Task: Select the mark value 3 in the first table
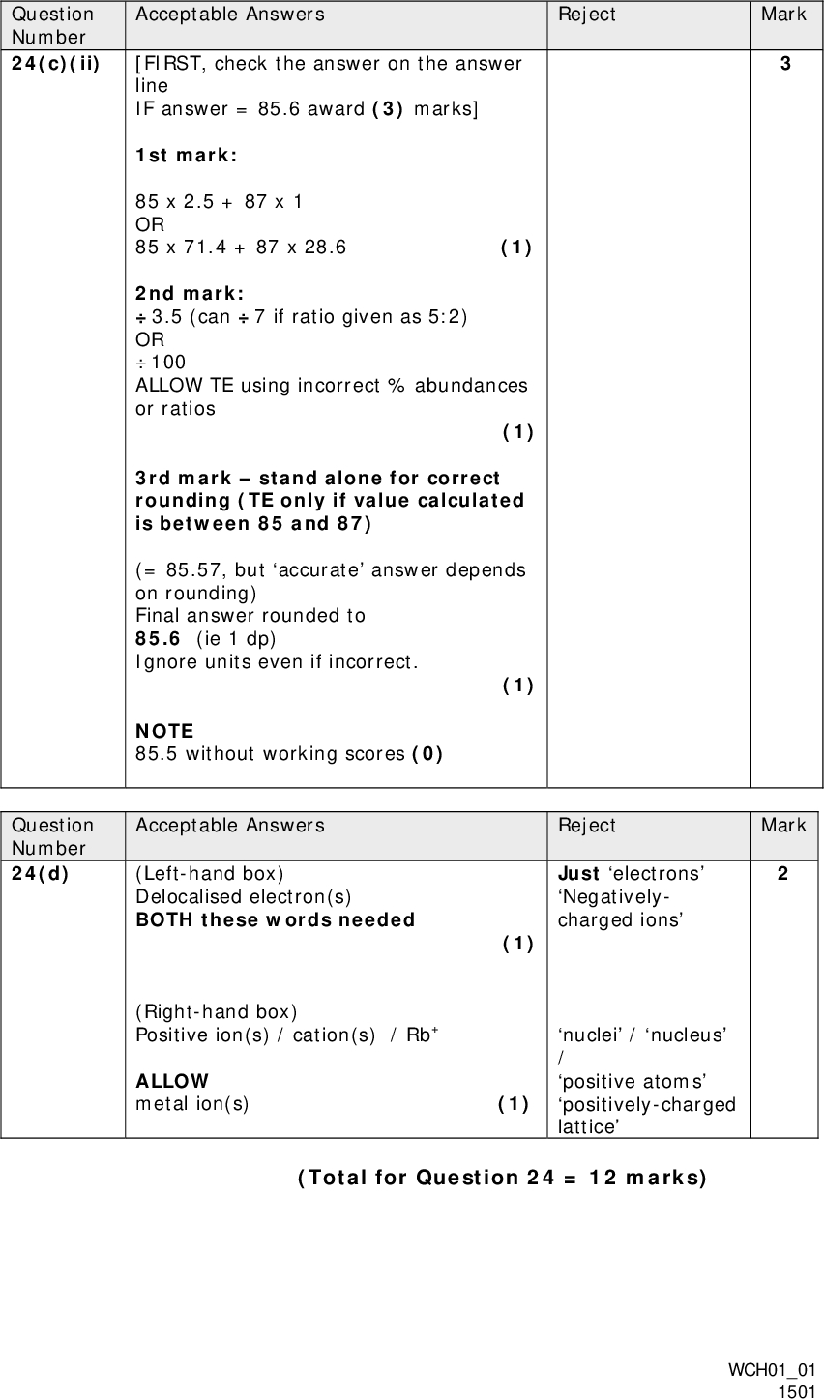pos(785,64)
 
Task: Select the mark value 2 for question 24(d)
pos(782,874)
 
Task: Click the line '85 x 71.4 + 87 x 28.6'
pos(240,248)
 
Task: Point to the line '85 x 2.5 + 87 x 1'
pos(219,202)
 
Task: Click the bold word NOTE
pos(164,731)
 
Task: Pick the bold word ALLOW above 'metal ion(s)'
pos(171,1081)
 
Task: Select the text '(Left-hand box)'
pos(210,874)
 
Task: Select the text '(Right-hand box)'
pos(216,1012)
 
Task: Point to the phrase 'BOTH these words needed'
pos(275,919)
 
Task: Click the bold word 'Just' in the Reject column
pos(577,874)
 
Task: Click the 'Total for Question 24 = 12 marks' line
pos(502,1178)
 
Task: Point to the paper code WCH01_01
pos(771,1371)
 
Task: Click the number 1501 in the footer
pos(798,1390)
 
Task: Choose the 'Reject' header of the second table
pos(586,826)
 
